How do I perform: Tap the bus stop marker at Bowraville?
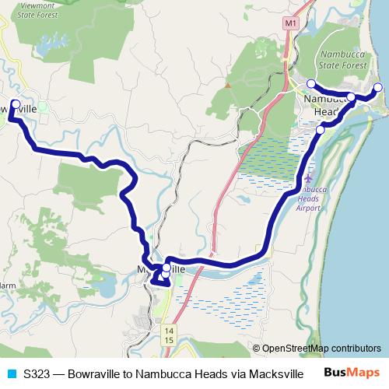tap(15, 103)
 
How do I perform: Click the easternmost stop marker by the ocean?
tap(378, 87)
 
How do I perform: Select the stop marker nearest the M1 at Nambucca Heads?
tap(310, 83)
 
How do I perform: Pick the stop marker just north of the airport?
tap(321, 130)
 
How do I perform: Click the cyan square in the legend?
tap(11, 373)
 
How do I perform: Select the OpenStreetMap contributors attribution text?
tap(321, 349)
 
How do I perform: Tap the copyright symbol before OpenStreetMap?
tap(257, 349)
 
